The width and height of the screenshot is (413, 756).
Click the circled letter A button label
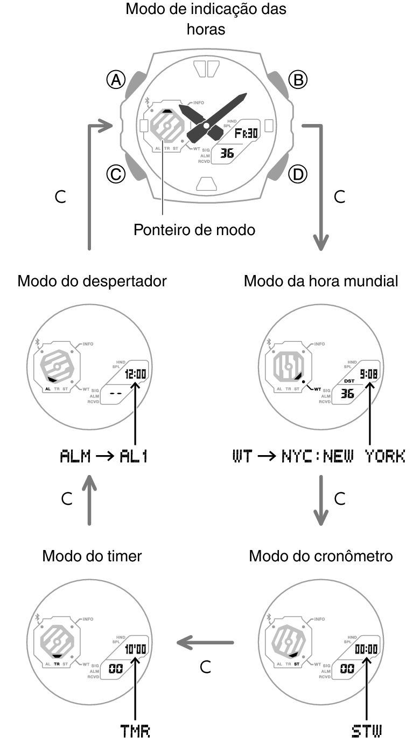(x=115, y=80)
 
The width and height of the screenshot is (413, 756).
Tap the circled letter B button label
(x=297, y=80)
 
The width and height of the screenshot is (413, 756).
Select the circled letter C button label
(x=115, y=174)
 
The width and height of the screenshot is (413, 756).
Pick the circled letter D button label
(x=297, y=174)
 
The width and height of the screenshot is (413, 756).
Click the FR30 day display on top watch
(x=246, y=133)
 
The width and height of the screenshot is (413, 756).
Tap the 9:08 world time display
(x=368, y=374)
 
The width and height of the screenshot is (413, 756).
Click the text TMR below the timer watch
(x=135, y=731)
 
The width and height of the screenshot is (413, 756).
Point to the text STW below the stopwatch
(x=366, y=731)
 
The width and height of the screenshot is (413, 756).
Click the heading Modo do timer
(x=92, y=556)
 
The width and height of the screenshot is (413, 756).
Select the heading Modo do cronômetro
(x=321, y=556)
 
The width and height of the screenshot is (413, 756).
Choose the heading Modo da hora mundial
(x=321, y=281)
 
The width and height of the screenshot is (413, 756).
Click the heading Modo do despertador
(x=92, y=281)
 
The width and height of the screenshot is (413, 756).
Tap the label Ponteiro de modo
(x=194, y=230)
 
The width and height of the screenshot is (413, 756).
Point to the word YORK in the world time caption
(x=384, y=457)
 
